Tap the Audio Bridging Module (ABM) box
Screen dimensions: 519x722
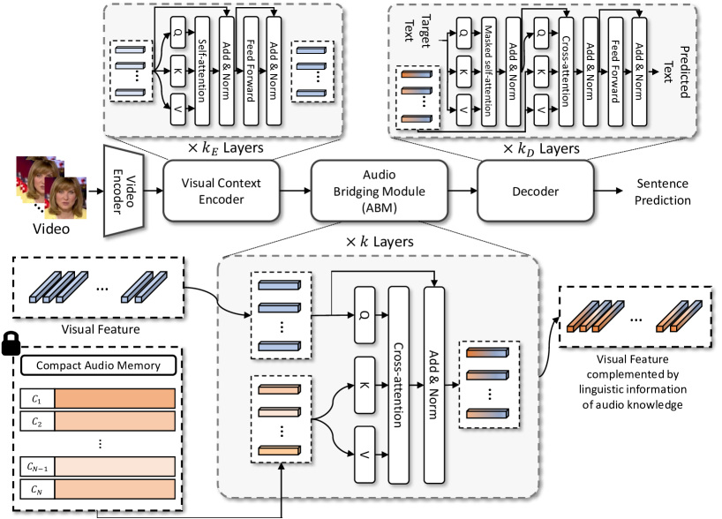coord(368,192)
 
